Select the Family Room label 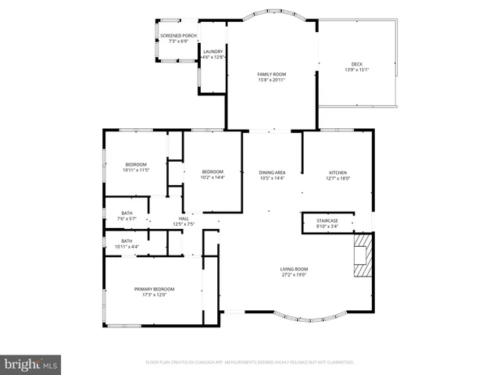(x=272, y=74)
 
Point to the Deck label (x=356, y=65)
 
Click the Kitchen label (x=337, y=173)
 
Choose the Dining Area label (x=272, y=173)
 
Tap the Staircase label (x=327, y=221)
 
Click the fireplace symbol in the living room (x=363, y=258)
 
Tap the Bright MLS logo (x=31, y=363)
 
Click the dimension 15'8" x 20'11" (x=272, y=80)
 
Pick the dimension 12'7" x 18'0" (x=337, y=178)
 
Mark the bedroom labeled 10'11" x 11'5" (x=135, y=166)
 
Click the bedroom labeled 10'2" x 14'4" (x=212, y=174)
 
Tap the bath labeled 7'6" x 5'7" (x=126, y=216)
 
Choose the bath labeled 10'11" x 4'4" (x=126, y=244)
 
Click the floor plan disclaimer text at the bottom (x=250, y=362)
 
